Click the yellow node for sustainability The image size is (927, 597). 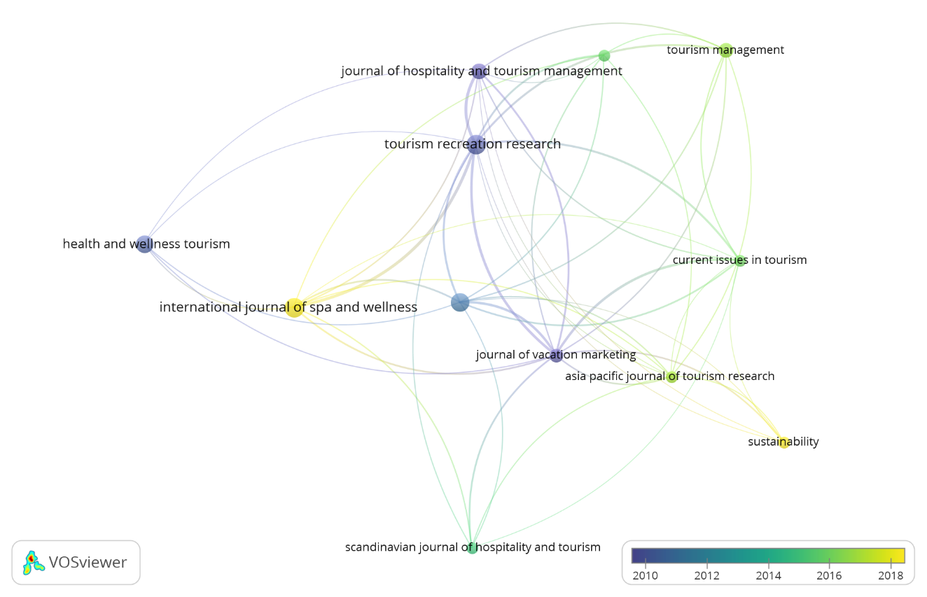pos(784,442)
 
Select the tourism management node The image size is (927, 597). pos(726,50)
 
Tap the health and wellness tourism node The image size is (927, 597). pos(144,244)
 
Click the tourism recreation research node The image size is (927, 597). pos(476,145)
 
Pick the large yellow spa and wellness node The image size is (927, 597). pos(295,307)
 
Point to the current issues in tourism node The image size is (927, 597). pos(740,261)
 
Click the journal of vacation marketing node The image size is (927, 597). pos(556,356)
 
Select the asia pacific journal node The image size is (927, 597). pos(672,377)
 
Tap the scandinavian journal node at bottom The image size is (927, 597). pos(473,548)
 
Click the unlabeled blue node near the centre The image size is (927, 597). pos(460,302)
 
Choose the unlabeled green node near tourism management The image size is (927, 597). pos(604,55)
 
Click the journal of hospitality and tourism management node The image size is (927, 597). pos(479,71)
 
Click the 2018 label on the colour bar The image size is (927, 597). pos(891,576)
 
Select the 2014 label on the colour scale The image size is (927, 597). pos(768,576)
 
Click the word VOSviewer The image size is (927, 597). pos(88,562)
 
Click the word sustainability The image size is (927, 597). pos(783,442)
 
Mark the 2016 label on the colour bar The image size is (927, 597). pos(829,576)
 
